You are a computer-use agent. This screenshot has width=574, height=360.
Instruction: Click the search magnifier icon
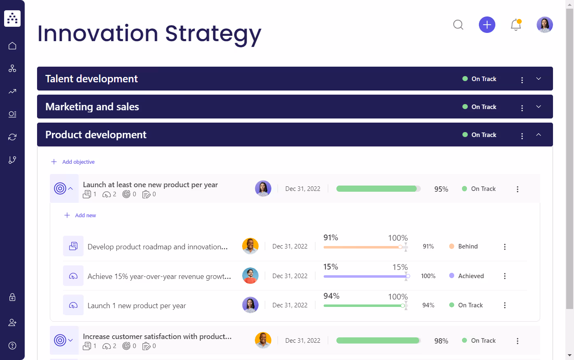pos(458,25)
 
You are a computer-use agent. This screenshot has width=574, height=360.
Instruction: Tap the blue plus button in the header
pos(487,25)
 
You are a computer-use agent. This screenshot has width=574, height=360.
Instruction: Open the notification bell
pos(516,25)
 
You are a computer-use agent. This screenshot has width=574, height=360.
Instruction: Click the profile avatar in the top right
pos(544,25)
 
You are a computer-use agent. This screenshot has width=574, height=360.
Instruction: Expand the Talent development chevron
pos(538,79)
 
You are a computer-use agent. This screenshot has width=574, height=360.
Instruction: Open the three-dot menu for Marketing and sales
pos(522,108)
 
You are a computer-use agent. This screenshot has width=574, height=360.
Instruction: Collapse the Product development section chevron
pos(538,135)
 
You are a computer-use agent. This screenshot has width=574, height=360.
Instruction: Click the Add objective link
pos(78,162)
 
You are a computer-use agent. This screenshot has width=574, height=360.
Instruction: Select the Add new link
pos(85,215)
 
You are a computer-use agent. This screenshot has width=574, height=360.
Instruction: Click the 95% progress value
pos(441,189)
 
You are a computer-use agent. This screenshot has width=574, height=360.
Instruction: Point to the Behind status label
pos(468,246)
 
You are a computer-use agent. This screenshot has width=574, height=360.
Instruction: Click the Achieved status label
pos(471,276)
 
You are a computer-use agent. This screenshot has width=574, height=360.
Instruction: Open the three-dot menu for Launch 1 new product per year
pos(504,305)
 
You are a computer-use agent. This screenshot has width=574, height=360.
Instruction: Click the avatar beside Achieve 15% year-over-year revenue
pos(250,276)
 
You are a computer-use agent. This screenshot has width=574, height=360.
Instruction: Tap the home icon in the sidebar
pos(12,46)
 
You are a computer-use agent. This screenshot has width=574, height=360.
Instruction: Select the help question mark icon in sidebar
pos(12,346)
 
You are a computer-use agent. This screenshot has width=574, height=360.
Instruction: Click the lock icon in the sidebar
pos(12,297)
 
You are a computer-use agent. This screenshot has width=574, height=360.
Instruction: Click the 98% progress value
pos(441,341)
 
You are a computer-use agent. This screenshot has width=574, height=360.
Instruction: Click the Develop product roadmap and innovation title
pos(157,247)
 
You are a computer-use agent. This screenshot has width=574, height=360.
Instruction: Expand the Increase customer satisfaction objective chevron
pos(70,340)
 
